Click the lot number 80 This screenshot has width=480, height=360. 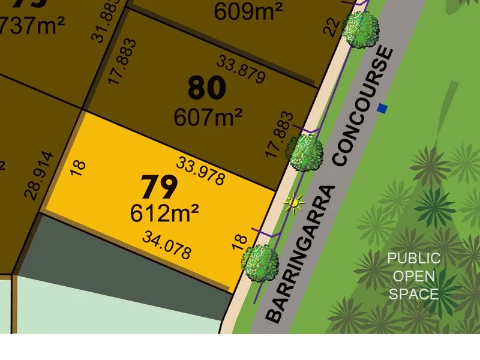tap(207, 88)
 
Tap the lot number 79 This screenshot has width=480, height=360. tap(159, 187)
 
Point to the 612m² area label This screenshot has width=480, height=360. tap(164, 212)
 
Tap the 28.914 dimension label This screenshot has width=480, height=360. tap(40, 175)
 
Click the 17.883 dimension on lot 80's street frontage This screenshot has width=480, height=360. tap(280, 134)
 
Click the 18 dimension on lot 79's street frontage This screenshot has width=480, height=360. tap(239, 242)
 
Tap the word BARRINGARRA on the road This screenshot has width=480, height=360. tap(300, 254)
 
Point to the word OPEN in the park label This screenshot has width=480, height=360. tap(413, 277)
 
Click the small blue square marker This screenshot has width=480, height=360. tap(382, 109)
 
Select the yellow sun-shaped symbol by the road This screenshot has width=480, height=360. tap(293, 203)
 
